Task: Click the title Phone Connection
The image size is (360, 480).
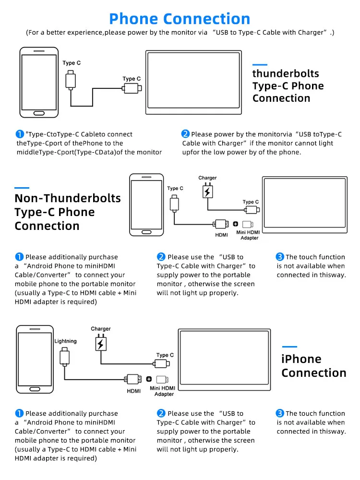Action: click(x=180, y=19)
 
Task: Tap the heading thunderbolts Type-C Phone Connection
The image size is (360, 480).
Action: click(x=288, y=86)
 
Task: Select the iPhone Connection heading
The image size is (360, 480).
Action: click(x=313, y=366)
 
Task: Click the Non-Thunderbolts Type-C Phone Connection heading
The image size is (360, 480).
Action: click(x=68, y=212)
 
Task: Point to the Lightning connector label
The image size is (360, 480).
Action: click(x=66, y=341)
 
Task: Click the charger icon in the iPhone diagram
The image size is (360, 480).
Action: click(x=101, y=344)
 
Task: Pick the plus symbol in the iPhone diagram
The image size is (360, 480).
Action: click(x=149, y=379)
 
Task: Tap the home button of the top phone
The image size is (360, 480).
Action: click(x=39, y=113)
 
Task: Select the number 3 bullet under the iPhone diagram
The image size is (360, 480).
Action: click(x=280, y=413)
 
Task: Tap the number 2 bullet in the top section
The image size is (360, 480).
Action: click(x=185, y=134)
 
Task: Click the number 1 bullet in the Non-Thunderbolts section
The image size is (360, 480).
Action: click(x=19, y=257)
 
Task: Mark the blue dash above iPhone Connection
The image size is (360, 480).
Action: click(x=289, y=347)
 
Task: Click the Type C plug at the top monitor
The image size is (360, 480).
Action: click(x=132, y=88)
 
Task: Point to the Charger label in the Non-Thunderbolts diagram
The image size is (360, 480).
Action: click(x=207, y=178)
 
